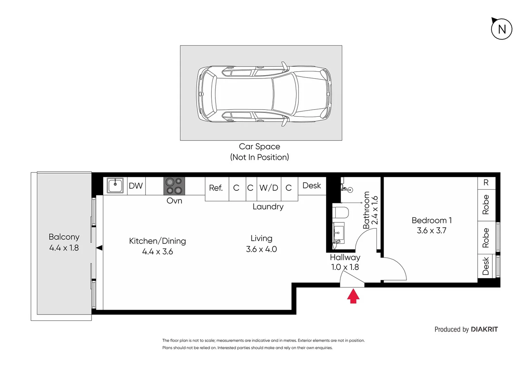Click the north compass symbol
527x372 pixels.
501,29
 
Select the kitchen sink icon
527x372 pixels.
115,186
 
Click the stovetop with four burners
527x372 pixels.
174,186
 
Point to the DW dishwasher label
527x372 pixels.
136,186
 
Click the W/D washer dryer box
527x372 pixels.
269,188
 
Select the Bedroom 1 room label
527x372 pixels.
431,220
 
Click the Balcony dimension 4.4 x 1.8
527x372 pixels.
64,248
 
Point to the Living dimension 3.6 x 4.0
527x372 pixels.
261,249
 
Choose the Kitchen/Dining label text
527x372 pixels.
157,241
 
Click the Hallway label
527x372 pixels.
345,258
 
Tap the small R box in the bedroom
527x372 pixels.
486,183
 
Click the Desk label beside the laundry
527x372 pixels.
312,186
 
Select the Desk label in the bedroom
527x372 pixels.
486,266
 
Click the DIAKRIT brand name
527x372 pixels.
484,329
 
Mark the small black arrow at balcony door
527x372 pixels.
99,248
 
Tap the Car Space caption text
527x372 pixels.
259,147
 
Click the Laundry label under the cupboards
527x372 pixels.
268,207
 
